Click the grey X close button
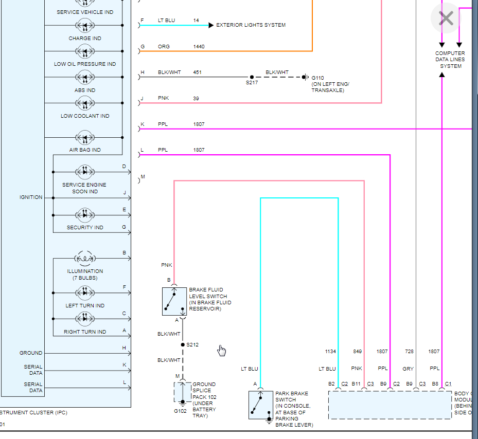point(446,19)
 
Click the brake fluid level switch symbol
point(174,301)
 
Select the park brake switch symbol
point(261,405)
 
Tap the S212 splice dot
point(183,345)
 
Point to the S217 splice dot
point(252,77)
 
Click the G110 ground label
point(318,78)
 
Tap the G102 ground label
point(180,411)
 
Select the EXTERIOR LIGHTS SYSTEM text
point(251,25)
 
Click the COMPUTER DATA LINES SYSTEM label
point(450,60)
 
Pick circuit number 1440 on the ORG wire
point(199,47)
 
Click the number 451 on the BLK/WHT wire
point(197,72)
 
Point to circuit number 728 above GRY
point(409,352)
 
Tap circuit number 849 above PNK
point(357,352)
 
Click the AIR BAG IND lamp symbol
point(85,138)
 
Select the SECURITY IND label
point(85,228)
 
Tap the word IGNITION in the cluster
point(31,197)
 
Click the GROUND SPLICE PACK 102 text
point(204,391)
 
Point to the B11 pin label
point(356,384)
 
